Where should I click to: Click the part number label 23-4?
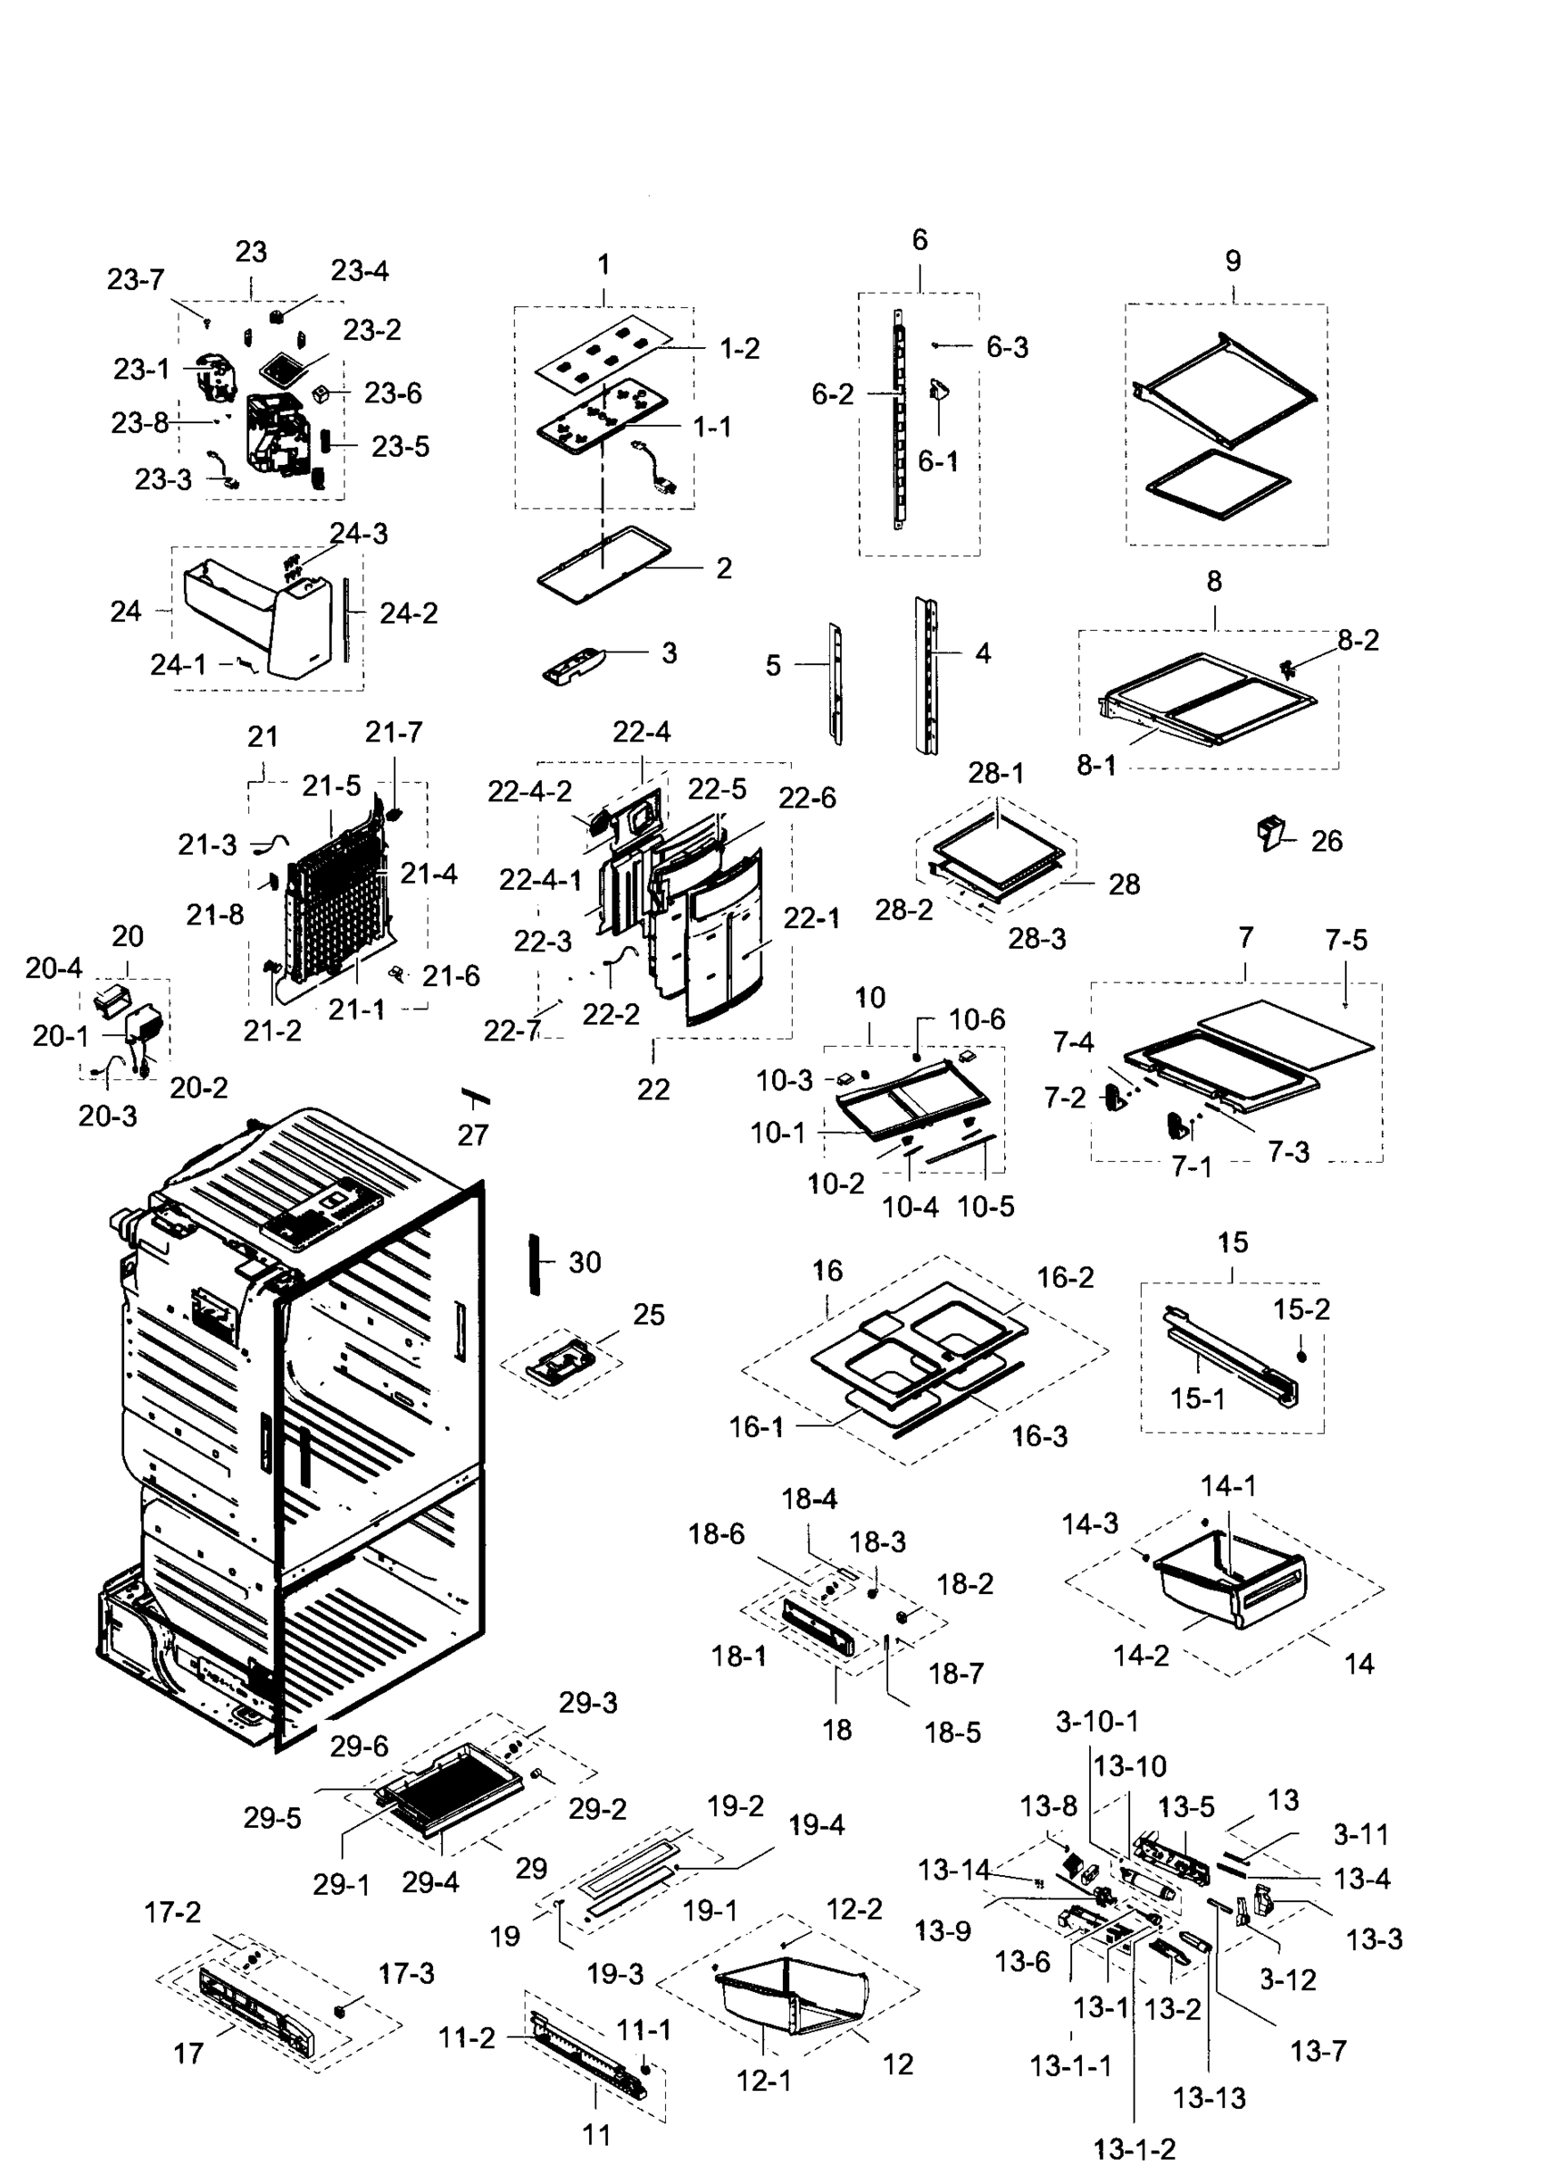[x=359, y=271]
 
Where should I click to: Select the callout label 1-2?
[x=739, y=349]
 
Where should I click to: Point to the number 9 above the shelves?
[x=1232, y=260]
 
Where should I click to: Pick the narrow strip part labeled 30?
[x=535, y=1263]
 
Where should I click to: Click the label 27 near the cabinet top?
[x=472, y=1136]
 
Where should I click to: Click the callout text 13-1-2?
[x=1134, y=2149]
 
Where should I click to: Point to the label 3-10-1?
[x=1096, y=1721]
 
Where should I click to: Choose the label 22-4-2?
[x=528, y=792]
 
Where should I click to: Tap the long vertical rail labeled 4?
[x=927, y=675]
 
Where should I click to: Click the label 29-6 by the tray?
[x=359, y=1746]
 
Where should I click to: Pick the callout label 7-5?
[x=1346, y=941]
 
